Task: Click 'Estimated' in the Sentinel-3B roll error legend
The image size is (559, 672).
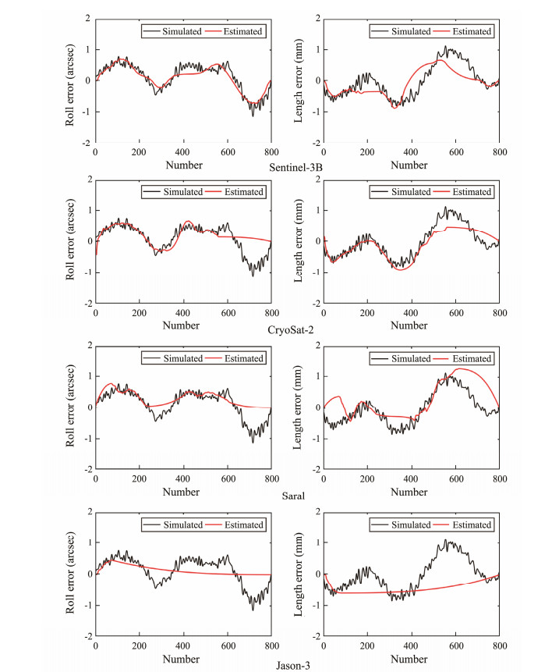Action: pyautogui.click(x=241, y=31)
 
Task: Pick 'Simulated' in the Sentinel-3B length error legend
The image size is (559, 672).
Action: pyautogui.click(x=411, y=31)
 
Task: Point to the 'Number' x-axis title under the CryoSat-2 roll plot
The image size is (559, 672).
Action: pyautogui.click(x=184, y=325)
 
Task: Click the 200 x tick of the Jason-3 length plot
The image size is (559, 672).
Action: pyautogui.click(x=367, y=646)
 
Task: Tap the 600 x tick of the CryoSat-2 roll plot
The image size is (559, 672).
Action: pyautogui.click(x=228, y=312)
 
